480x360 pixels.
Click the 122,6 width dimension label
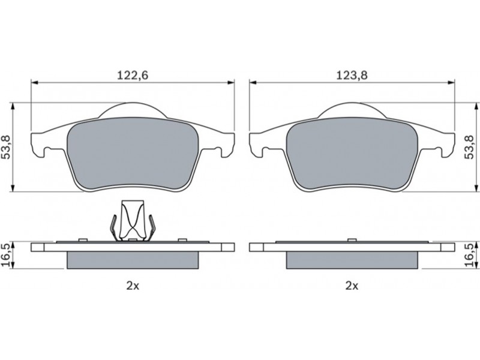[x=133, y=76]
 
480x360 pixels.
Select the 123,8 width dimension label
[x=352, y=76]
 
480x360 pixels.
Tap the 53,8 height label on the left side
[x=6, y=147]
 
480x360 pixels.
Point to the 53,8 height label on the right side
[x=469, y=147]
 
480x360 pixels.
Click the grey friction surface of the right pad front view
[x=352, y=153]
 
